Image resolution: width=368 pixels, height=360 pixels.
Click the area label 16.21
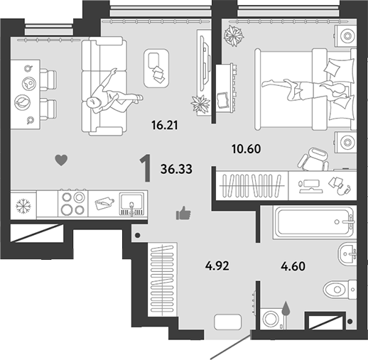click(165, 125)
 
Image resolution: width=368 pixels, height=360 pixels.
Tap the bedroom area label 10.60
click(247, 149)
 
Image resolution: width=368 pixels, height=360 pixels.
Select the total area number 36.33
click(176, 169)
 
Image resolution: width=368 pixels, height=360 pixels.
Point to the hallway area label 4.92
click(217, 266)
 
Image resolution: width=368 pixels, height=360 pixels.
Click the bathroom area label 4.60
click(293, 266)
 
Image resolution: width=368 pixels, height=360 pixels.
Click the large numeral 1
click(146, 168)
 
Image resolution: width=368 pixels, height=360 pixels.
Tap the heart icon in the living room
click(61, 160)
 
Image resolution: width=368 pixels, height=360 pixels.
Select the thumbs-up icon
click(183, 213)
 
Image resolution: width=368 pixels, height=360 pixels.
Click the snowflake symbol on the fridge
click(23, 206)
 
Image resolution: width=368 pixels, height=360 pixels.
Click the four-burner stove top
click(72, 203)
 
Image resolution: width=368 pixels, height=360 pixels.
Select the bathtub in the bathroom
click(314, 222)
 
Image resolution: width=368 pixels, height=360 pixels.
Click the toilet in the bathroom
click(340, 289)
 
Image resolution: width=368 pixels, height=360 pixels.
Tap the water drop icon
click(286, 308)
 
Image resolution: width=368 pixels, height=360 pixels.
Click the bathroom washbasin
click(347, 253)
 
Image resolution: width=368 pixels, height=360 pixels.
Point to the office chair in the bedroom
click(314, 159)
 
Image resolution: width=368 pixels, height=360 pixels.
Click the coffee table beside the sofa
click(156, 68)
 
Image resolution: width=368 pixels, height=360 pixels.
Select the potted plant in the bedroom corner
click(234, 36)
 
